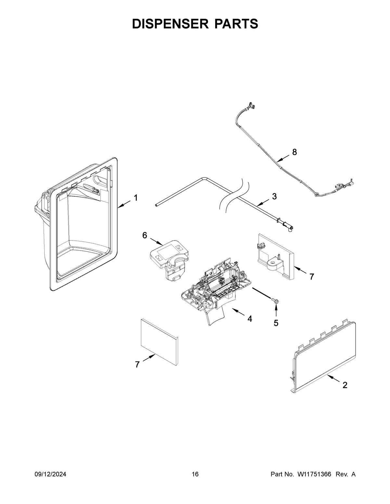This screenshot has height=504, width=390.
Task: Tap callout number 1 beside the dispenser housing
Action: click(x=136, y=198)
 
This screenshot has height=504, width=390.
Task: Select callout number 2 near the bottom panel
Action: click(x=345, y=385)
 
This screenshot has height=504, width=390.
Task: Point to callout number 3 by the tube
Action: click(x=274, y=196)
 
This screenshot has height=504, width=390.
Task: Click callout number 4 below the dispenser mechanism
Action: click(x=250, y=319)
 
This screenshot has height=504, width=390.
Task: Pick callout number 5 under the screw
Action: click(x=276, y=323)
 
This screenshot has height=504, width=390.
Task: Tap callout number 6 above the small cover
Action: click(x=145, y=236)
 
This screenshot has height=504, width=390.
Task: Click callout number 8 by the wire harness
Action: click(x=294, y=152)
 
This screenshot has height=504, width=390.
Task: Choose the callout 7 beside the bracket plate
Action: click(x=312, y=277)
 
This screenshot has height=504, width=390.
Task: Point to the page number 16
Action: click(x=195, y=474)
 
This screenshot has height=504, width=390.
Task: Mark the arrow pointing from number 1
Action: click(x=124, y=203)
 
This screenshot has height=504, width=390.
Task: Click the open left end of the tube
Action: click(x=157, y=205)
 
